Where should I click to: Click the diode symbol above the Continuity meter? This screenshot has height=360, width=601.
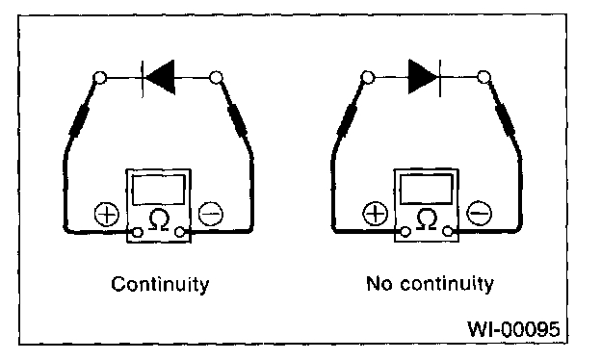pyautogui.click(x=159, y=77)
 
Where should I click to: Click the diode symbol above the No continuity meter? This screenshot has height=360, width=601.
pyautogui.click(x=425, y=77)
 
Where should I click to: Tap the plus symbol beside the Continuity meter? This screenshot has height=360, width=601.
pyautogui.click(x=107, y=214)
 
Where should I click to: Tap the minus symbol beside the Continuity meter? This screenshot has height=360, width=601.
pyautogui.click(x=211, y=214)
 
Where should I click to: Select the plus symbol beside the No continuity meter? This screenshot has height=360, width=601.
pyautogui.click(x=376, y=214)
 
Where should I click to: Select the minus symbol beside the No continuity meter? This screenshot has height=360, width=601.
pyautogui.click(x=479, y=213)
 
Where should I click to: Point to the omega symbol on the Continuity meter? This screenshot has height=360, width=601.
pyautogui.click(x=159, y=219)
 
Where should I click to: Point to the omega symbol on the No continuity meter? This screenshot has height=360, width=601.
pyautogui.click(x=427, y=219)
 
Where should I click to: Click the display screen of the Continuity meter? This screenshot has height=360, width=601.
pyautogui.click(x=159, y=190)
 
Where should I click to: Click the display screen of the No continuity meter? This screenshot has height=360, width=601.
pyautogui.click(x=427, y=190)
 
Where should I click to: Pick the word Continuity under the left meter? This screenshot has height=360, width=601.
pyautogui.click(x=160, y=284)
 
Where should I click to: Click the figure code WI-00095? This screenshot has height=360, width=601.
pyautogui.click(x=513, y=328)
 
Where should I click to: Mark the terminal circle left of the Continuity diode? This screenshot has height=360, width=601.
pyautogui.click(x=99, y=78)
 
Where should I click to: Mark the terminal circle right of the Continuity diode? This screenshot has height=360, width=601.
pyautogui.click(x=216, y=77)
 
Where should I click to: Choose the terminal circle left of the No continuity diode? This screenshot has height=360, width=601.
pyautogui.click(x=368, y=77)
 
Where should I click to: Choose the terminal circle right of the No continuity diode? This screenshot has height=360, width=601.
pyautogui.click(x=483, y=77)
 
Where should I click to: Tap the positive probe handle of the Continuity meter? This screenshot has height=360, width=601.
pyautogui.click(x=80, y=119)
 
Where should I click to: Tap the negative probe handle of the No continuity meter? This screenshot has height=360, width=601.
pyautogui.click(x=505, y=118)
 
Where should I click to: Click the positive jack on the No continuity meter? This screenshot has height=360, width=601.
pyautogui.click(x=405, y=231)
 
